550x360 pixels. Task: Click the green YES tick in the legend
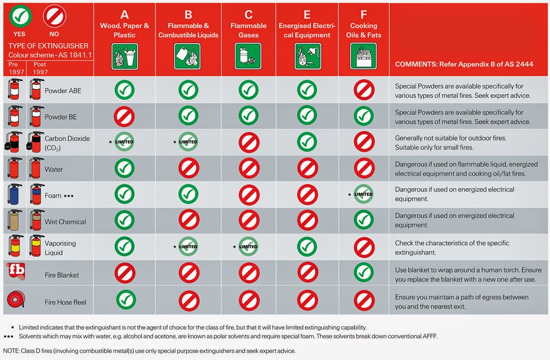coord(20,16)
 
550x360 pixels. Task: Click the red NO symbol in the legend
coord(54,16)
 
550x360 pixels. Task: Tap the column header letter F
coord(364,15)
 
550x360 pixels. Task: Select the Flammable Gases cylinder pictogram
coord(248,56)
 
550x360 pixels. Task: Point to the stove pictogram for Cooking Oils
coord(364,56)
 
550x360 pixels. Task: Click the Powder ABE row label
coord(63,90)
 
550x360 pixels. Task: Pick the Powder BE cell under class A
coord(124,117)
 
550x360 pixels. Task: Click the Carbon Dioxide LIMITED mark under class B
coord(188,142)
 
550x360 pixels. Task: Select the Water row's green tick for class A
coord(125,168)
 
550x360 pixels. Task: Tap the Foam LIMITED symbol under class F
coord(364,194)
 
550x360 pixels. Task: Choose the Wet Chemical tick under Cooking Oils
coord(364,220)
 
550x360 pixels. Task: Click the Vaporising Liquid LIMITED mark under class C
coord(248,247)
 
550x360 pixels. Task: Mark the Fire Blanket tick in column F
coord(364,272)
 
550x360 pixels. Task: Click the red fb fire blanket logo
coord(16,271)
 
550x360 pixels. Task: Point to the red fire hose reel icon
coord(16,299)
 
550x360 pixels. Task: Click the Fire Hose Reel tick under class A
coord(126,300)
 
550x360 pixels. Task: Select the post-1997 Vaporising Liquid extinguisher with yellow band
coord(36,246)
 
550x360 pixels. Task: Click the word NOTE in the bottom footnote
coord(11,351)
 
